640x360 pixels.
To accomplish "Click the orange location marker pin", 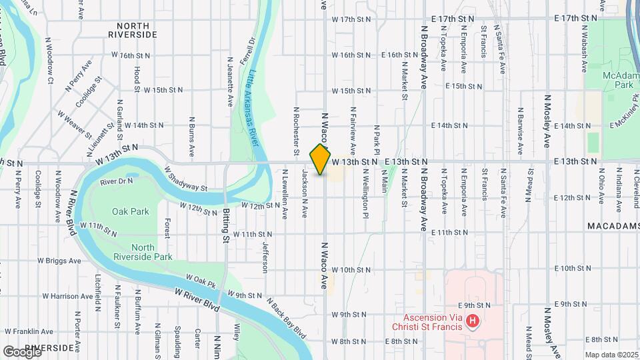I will pyautogui.click(x=321, y=160).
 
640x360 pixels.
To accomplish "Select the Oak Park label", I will pyautogui.click(x=131, y=211).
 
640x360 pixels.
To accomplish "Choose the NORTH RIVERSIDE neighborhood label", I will pyautogui.click(x=132, y=29).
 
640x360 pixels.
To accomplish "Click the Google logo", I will pyautogui.click(x=22, y=351).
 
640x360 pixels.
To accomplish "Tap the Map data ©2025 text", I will pyautogui.click(x=611, y=355).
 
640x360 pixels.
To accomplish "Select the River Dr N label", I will pyautogui.click(x=117, y=181).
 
